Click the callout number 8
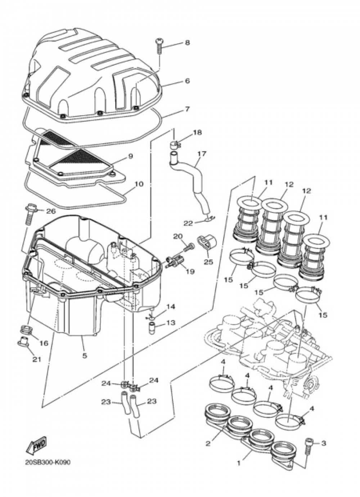tap(187, 43)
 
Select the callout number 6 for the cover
tap(187, 81)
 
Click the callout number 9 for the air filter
tap(130, 156)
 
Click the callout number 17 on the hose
tap(202, 153)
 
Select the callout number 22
tap(188, 223)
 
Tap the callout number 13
tap(171, 323)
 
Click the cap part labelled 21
tap(23, 342)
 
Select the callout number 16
tap(43, 343)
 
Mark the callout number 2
tap(208, 443)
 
